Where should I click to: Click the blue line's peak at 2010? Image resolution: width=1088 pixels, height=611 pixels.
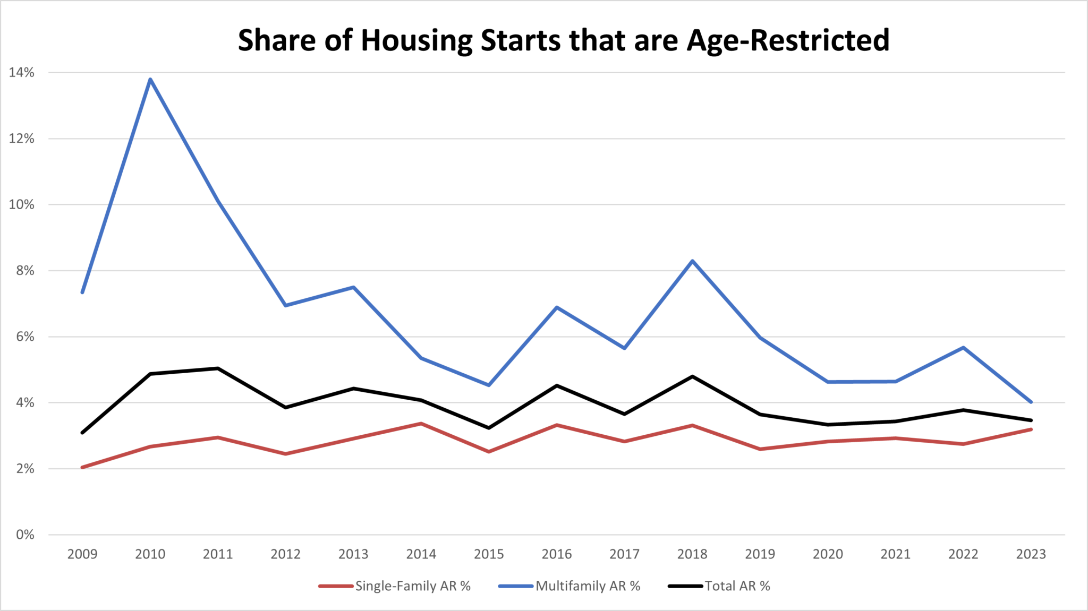click(x=150, y=80)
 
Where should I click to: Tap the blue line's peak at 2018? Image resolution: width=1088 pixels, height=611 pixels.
click(x=693, y=261)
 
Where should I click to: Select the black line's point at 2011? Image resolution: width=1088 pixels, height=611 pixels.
click(x=218, y=368)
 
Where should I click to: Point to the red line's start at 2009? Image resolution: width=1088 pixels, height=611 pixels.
click(x=83, y=467)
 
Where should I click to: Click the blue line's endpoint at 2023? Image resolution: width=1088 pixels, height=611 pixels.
click(x=1031, y=402)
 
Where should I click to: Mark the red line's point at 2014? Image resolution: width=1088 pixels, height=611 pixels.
click(x=421, y=423)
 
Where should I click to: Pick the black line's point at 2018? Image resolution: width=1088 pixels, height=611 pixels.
click(x=693, y=376)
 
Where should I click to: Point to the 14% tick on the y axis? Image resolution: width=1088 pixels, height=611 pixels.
click(x=22, y=73)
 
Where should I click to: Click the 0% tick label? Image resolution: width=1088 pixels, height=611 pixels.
click(x=25, y=535)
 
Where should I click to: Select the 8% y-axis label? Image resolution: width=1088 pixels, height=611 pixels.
click(x=25, y=271)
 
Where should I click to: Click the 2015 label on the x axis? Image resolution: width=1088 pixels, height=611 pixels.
click(x=489, y=554)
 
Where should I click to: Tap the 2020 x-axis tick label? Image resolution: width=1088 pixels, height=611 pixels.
click(x=828, y=554)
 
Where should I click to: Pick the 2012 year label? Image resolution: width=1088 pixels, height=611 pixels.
click(x=286, y=554)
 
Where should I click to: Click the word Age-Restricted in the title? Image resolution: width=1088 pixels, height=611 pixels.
click(x=788, y=40)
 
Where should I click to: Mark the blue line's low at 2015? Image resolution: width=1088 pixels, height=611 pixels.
click(x=489, y=385)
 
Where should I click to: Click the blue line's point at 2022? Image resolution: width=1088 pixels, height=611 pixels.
click(x=963, y=347)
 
